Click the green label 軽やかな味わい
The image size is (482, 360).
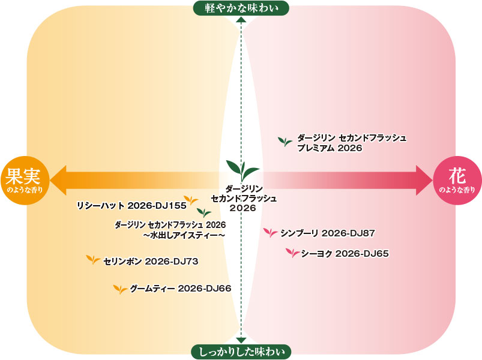pyautogui.click(x=241, y=8)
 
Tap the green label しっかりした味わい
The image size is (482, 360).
pyautogui.click(x=241, y=352)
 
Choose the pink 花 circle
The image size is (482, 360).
pyautogui.click(x=457, y=181)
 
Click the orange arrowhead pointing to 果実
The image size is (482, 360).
pyautogui.click(x=59, y=181)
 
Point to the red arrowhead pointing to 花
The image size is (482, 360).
pyautogui.click(x=424, y=181)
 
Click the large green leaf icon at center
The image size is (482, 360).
pyautogui.click(x=243, y=170)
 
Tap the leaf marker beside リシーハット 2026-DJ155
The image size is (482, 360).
pyautogui.click(x=191, y=200)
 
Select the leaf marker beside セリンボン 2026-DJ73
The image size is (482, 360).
pyautogui.click(x=93, y=260)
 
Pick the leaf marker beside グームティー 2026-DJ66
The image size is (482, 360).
pyautogui.click(x=120, y=289)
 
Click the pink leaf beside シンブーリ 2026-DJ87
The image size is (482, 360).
pyautogui.click(x=271, y=233)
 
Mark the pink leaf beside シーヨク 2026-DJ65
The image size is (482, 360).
pyautogui.click(x=293, y=253)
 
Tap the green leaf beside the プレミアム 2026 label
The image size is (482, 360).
pyautogui.click(x=285, y=141)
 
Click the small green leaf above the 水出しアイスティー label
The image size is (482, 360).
pyautogui.click(x=204, y=212)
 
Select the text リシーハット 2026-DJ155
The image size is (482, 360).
pyautogui.click(x=131, y=205)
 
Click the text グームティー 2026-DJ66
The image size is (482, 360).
pyautogui.click(x=181, y=289)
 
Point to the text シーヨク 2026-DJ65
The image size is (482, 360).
pyautogui.click(x=345, y=253)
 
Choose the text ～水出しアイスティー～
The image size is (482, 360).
pyautogui.click(x=184, y=236)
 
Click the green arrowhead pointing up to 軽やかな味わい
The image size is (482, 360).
pyautogui.click(x=241, y=20)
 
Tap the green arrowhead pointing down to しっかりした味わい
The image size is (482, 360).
pyautogui.click(x=241, y=340)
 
